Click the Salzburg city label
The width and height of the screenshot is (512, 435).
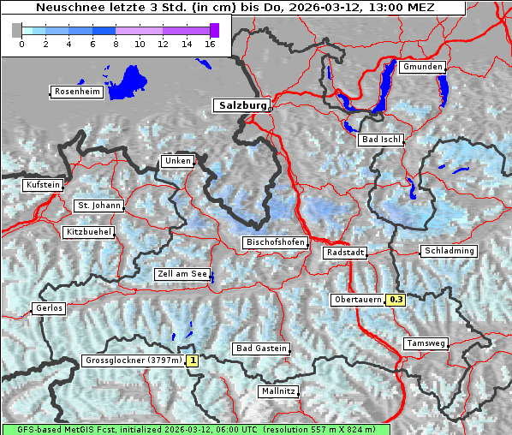pyautogui.click(x=241, y=105)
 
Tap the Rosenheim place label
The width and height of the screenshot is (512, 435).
pyautogui.click(x=77, y=92)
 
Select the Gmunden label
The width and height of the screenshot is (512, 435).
pyautogui.click(x=422, y=67)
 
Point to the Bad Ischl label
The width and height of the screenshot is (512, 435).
pyautogui.click(x=381, y=140)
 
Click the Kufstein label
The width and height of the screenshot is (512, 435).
pyautogui.click(x=43, y=185)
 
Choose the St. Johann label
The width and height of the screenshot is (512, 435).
pyautogui.click(x=99, y=206)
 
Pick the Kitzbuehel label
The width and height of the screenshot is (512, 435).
pyautogui.click(x=88, y=232)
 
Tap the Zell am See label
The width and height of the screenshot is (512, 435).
pyautogui.click(x=182, y=275)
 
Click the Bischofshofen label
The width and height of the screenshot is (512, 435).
pyautogui.click(x=275, y=243)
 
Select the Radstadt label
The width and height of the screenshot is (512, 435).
pyautogui.click(x=345, y=253)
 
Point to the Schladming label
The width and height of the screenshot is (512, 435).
pyautogui.click(x=448, y=251)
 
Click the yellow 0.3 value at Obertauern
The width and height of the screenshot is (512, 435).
pyautogui.click(x=396, y=300)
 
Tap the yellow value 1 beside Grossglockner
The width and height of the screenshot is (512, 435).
pyautogui.click(x=193, y=361)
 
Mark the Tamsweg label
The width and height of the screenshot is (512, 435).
pyautogui.click(x=425, y=343)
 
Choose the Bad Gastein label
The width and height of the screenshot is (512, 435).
pyautogui.click(x=261, y=349)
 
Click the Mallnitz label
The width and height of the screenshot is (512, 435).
pyautogui.click(x=278, y=391)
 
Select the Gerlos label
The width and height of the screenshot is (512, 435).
pyautogui.click(x=49, y=308)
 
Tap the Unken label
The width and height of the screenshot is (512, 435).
pyautogui.click(x=177, y=161)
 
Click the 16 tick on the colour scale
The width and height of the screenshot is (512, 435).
pyautogui.click(x=210, y=43)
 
